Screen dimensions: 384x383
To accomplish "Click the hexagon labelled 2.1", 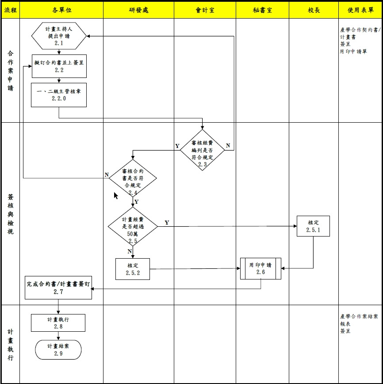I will coord(59,35).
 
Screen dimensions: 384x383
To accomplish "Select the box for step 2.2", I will coord(59,66).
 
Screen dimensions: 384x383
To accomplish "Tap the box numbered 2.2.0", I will coord(59,95).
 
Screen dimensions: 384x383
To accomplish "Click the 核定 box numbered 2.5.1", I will coord(313,226).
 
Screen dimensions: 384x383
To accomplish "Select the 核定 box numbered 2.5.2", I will coord(133,269).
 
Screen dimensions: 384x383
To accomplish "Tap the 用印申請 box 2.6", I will coord(260,268).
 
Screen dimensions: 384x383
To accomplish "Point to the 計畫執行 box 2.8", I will coord(58,322).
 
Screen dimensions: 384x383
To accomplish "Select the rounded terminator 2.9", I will coord(58,349).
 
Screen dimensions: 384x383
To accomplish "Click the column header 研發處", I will coord(138,10).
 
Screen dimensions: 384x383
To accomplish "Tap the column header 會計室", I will coord(205,10).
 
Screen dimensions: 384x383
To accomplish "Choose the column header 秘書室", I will coord(262,10).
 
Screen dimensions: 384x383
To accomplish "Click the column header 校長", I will coord(313,10).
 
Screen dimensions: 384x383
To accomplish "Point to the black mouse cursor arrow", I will coord(116,195).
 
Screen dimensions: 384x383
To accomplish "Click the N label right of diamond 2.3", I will coord(228,146).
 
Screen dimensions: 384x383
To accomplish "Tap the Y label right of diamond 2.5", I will coord(166,222).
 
